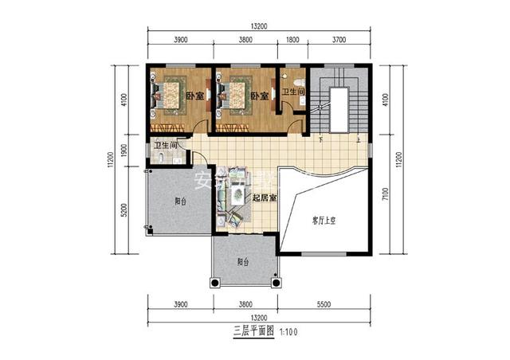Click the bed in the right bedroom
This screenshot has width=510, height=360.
[237, 93]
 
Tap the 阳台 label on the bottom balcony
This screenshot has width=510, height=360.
[243, 261]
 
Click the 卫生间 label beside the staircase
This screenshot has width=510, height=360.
[292, 93]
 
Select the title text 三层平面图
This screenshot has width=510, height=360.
[254, 328]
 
